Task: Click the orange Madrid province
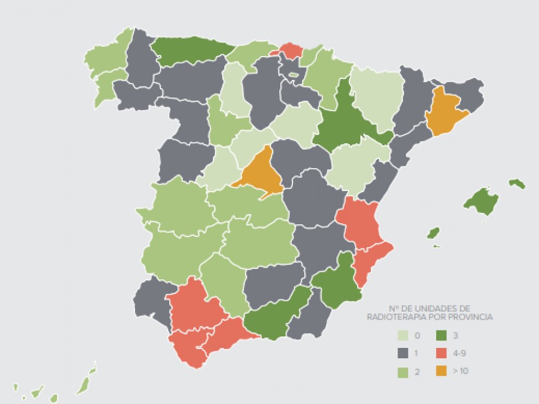(260, 173)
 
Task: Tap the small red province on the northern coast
(291, 51)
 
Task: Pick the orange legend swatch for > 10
(443, 371)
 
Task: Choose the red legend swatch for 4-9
(443, 353)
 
